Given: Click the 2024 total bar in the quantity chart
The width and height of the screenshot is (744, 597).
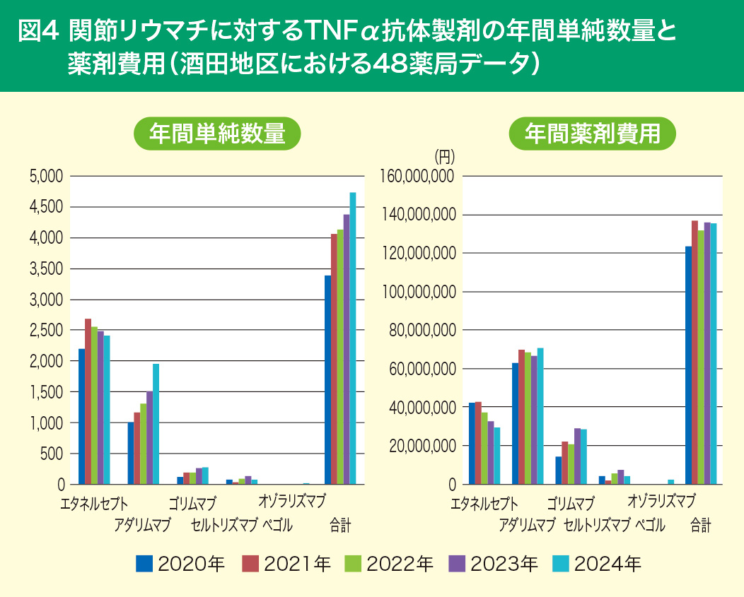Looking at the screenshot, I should point(353,339).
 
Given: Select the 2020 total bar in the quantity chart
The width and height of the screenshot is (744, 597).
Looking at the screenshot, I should point(328,380).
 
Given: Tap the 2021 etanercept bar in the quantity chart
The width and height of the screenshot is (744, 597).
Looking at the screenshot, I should point(88,401).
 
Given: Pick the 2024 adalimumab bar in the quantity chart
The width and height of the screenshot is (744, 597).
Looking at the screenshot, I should point(156,424).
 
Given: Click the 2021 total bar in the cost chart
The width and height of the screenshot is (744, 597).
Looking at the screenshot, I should point(694,353).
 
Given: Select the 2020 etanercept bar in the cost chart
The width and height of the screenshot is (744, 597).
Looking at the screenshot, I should point(472,444).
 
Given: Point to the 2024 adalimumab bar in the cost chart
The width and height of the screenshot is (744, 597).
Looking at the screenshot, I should point(540,416).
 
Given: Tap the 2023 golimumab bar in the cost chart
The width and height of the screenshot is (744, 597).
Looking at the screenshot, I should point(577,456).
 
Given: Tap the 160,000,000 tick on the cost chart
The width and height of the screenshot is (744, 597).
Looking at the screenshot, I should point(417,177).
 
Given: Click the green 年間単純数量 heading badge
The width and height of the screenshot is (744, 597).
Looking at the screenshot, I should point(217,134).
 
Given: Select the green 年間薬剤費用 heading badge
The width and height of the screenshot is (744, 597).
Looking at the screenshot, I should point(593,133).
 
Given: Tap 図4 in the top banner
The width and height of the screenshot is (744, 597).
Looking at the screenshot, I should point(39,32).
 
